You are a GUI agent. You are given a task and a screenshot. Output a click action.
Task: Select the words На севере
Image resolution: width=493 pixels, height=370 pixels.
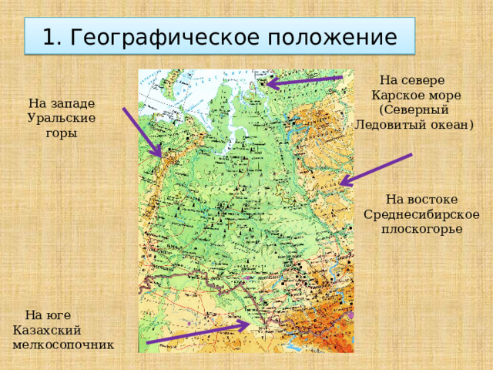coord(413,79)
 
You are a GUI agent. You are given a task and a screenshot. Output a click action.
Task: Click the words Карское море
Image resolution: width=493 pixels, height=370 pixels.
coord(417,95)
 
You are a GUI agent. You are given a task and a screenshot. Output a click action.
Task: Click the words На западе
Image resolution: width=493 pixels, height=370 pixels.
coord(62,103)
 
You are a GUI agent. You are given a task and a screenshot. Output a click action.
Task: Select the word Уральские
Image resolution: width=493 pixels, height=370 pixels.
coord(62,118)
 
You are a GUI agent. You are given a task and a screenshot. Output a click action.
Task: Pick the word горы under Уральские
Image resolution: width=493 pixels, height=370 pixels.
coord(62,133)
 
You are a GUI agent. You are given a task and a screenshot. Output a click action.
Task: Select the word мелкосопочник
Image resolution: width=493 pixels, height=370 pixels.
coord(63,344)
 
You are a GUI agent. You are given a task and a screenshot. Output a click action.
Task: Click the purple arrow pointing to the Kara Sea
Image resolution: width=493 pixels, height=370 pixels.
coord(305,81)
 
